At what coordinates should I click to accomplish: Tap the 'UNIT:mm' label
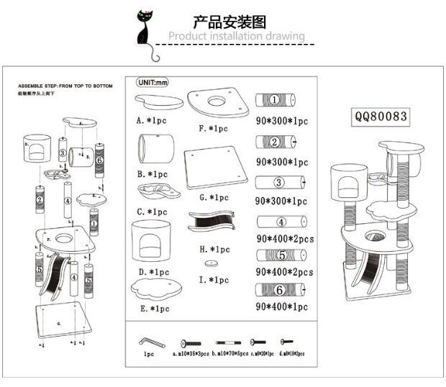pyautogui.click(x=152, y=82)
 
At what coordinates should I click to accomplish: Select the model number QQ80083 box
pyautogui.click(x=381, y=115)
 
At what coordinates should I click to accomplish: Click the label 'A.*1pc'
pyautogui.click(x=152, y=121)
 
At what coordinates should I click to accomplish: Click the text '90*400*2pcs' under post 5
pyautogui.click(x=285, y=272)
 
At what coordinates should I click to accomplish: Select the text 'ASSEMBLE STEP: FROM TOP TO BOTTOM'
pyautogui.click(x=65, y=85)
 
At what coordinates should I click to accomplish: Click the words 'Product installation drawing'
pyautogui.click(x=237, y=37)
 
